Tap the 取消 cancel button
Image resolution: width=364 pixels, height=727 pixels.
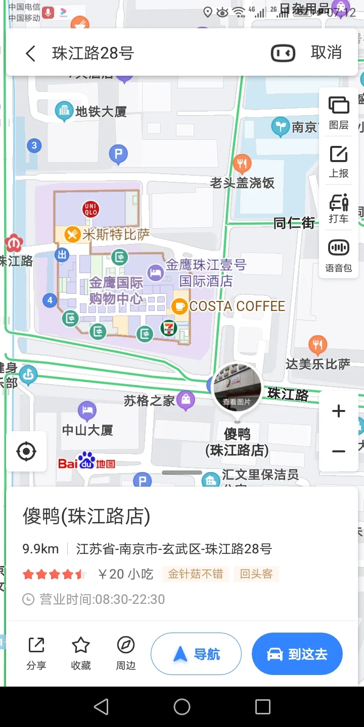pos(326,53)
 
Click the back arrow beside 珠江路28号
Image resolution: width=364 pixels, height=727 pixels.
pos(31,53)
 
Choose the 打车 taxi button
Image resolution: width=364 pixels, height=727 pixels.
pos(339,208)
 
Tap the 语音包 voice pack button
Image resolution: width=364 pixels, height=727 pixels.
pos(339,255)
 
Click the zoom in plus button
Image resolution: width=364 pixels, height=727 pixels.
pos(339,411)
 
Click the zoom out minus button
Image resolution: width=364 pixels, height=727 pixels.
pos(339,451)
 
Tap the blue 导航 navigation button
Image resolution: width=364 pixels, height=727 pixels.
pos(196,654)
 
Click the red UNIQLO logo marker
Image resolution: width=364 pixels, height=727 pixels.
pos(91,210)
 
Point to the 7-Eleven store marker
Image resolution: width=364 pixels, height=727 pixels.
pos(169,328)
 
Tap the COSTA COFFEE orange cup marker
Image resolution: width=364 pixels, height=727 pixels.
pos(179,306)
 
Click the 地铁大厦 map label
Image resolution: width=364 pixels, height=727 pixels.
pos(100,112)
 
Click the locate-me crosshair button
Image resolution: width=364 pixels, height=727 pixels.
pos(26,451)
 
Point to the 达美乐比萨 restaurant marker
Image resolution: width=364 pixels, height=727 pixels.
pos(317,345)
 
